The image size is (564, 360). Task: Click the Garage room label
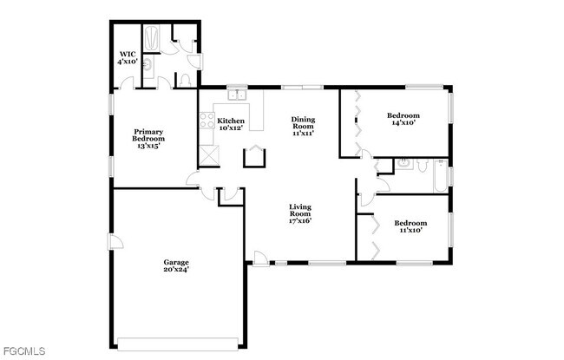pyautogui.click(x=176, y=265)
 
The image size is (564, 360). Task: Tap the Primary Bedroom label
pyautogui.click(x=148, y=139)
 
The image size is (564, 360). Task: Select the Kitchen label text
pyautogui.click(x=231, y=124)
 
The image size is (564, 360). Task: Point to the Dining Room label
pyautogui.click(x=302, y=126)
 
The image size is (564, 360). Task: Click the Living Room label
pyautogui.click(x=300, y=213)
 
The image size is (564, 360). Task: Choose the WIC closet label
pyautogui.click(x=128, y=58)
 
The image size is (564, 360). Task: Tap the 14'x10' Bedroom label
pyautogui.click(x=403, y=119)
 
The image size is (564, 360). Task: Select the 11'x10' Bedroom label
pyautogui.click(x=410, y=226)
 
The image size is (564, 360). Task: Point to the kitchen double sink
pyautogui.click(x=233, y=94)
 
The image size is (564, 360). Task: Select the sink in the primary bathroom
pyautogui.click(x=148, y=65)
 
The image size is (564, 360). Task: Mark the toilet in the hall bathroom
pyautogui.click(x=423, y=165)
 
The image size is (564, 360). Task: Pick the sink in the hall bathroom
pyautogui.click(x=403, y=163)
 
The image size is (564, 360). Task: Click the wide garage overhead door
pyautogui.click(x=177, y=340)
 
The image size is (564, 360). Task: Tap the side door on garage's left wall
pyautogui.click(x=112, y=241)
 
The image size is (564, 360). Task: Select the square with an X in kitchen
pyautogui.click(x=209, y=155)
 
